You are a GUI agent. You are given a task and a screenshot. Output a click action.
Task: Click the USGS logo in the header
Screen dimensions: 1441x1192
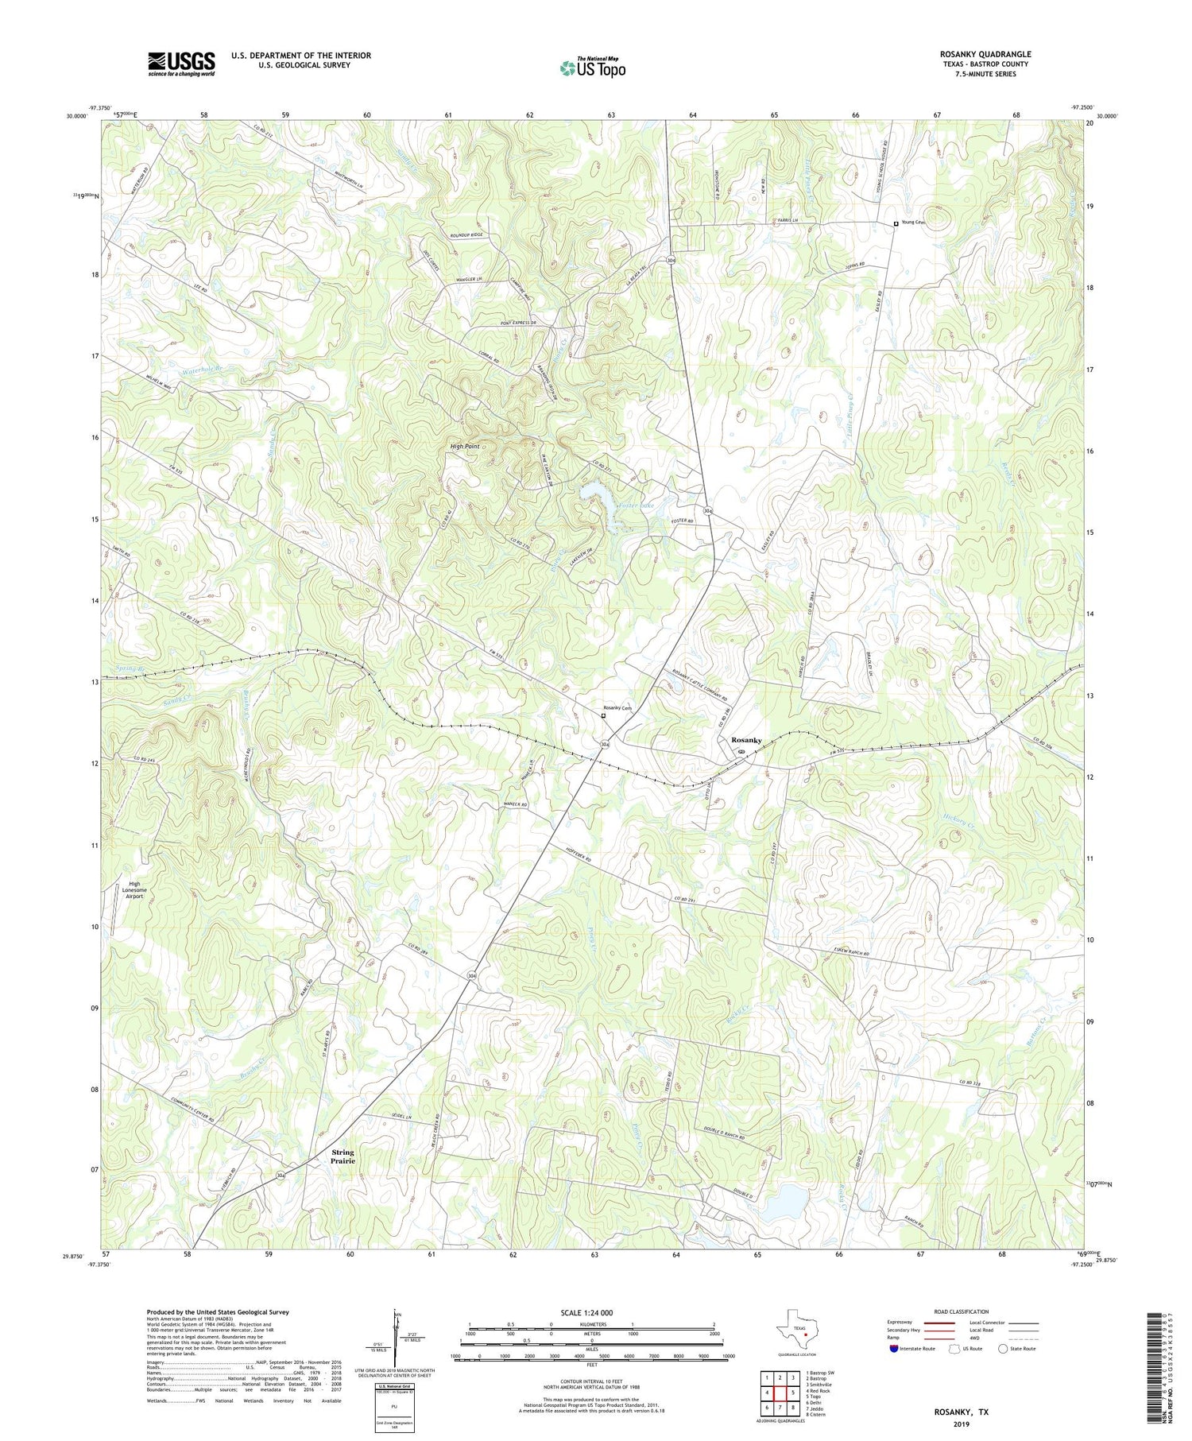tap(181, 64)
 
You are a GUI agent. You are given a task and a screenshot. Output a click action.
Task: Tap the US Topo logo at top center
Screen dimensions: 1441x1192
tap(592, 68)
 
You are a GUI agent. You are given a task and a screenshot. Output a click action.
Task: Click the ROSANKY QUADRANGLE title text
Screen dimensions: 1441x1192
tap(985, 54)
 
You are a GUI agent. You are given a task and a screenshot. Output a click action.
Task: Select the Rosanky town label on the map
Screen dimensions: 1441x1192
tap(746, 740)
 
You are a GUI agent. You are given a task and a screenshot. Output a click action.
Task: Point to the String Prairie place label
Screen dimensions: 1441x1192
tap(343, 1156)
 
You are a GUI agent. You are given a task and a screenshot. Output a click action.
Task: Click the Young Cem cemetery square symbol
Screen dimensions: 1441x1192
tap(896, 224)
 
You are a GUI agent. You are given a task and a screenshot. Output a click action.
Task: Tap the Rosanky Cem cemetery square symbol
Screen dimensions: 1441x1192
tap(603, 715)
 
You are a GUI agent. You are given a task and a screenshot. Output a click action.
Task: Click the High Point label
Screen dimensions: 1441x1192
tap(465, 447)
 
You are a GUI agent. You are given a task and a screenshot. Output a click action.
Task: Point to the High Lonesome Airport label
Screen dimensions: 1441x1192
tap(134, 889)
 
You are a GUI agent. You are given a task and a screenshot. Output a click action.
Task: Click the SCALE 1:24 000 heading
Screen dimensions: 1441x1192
tap(585, 1312)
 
